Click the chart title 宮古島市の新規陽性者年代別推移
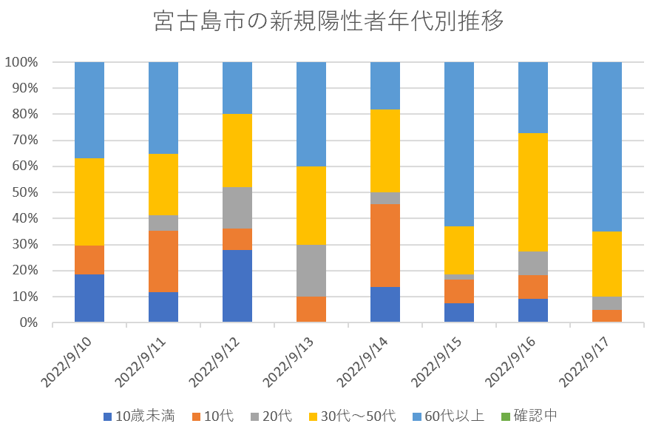328,21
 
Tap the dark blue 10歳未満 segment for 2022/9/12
237,286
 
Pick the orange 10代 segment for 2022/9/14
385,245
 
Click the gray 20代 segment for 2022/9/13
311,271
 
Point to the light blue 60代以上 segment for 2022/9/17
607,146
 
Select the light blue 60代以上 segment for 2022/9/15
459,143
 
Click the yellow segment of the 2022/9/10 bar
89,201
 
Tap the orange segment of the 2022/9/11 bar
163,261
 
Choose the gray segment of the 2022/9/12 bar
237,208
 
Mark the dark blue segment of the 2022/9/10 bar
89,298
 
